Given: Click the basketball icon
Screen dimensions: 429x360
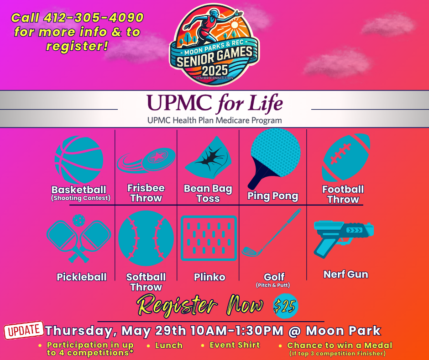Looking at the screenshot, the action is (79, 160).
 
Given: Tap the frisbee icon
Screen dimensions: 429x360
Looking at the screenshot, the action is (146, 160).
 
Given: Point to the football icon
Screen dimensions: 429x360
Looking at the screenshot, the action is (346, 158).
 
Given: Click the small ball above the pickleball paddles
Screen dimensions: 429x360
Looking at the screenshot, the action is (79, 220).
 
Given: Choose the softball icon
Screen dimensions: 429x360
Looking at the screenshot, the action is (146, 238).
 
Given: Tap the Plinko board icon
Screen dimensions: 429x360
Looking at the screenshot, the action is (209, 238).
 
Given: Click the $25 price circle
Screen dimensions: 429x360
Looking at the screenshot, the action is (286, 306).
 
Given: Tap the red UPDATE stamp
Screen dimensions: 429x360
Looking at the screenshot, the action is (24, 330).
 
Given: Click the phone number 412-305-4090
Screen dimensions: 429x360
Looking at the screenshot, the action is (94, 18).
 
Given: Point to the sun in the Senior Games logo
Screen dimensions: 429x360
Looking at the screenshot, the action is (235, 25).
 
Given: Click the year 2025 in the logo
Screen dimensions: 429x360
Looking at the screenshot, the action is (215, 70).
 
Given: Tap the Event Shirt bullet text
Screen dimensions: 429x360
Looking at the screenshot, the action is (235, 345).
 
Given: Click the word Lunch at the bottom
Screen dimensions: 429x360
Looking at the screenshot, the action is (169, 345).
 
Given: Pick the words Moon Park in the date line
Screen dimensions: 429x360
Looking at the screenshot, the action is (343, 330).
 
